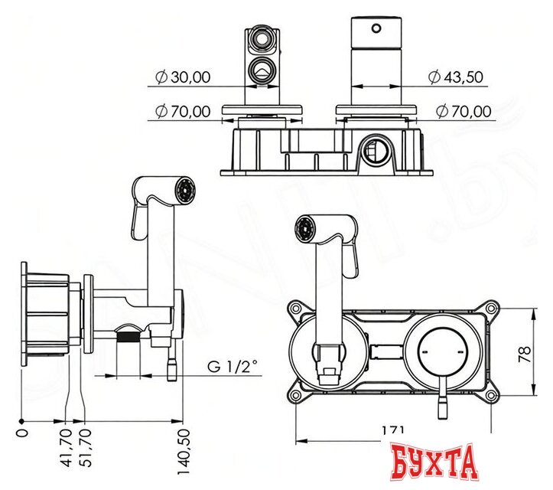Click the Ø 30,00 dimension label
[183, 77]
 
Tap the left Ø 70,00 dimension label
[183, 111]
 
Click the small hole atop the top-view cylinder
[376, 29]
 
